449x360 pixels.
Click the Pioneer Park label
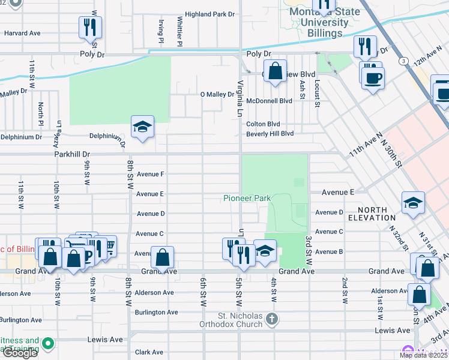247,198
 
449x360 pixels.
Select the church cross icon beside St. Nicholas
272,318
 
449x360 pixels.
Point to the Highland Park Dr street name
209,14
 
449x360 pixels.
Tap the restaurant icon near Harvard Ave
90,28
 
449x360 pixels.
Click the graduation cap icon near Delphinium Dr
142,127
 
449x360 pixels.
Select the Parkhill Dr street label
71,154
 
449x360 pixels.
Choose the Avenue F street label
150,174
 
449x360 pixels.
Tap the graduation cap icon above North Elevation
414,203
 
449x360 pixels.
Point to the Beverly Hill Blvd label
270,134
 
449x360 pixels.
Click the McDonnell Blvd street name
269,101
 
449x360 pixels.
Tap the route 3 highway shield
405,61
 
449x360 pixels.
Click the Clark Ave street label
149,352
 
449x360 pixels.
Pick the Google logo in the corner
19,353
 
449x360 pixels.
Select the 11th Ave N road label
366,146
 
